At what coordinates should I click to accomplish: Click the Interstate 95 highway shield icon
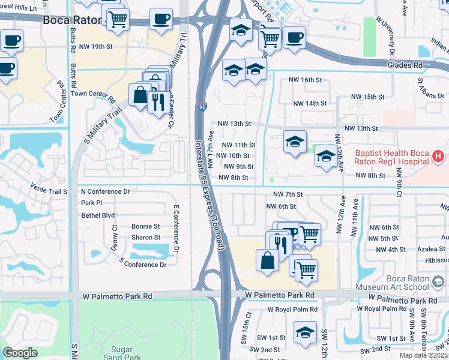point(202,107)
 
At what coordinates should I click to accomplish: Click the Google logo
point(20,353)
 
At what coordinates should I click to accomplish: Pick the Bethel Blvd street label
point(97,214)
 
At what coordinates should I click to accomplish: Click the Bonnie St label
point(146,226)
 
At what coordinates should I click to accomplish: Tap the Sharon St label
point(146,238)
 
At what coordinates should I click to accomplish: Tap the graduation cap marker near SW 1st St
point(305,332)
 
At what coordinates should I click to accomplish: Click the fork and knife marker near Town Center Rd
point(158,101)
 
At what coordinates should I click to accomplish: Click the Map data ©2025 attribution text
point(423,355)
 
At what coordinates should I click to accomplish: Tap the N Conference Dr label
point(105,191)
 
